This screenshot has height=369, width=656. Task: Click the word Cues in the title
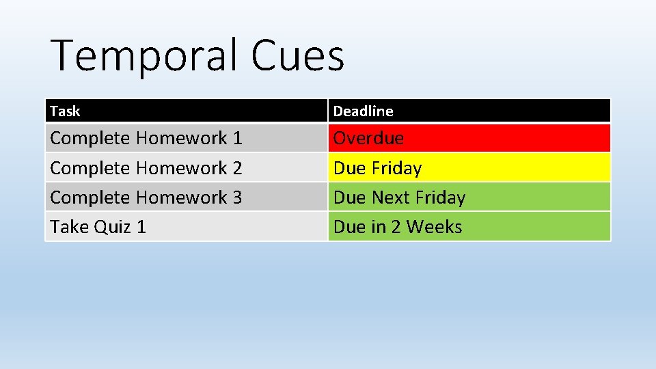pyautogui.click(x=297, y=55)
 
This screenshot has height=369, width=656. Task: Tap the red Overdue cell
pyautogui.click(x=469, y=138)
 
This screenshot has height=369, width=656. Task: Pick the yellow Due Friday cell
pyautogui.click(x=469, y=167)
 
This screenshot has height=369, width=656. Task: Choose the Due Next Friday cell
pyautogui.click(x=469, y=197)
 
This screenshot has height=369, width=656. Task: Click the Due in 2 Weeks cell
pyautogui.click(x=469, y=227)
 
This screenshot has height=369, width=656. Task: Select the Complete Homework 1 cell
pyautogui.click(x=186, y=138)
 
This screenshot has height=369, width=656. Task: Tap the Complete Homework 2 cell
pyautogui.click(x=186, y=167)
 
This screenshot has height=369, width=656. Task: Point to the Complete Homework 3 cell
pyautogui.click(x=186, y=197)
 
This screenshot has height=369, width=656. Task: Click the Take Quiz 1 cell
pyautogui.click(x=186, y=227)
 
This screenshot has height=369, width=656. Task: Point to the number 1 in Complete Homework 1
pyautogui.click(x=237, y=138)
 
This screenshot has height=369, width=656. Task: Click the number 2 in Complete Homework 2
pyautogui.click(x=237, y=168)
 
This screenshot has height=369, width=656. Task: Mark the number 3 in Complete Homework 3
pyautogui.click(x=237, y=197)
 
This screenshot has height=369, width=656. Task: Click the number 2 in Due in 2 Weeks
pyautogui.click(x=396, y=227)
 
